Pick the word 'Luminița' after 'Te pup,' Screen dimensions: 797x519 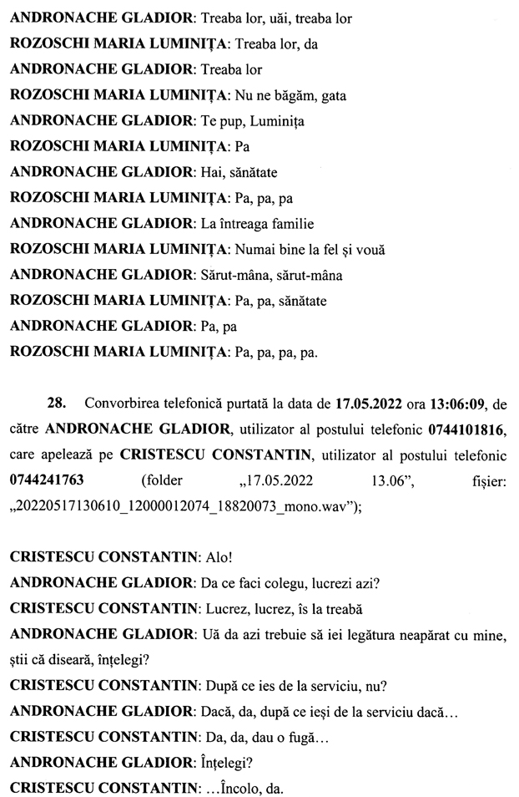point(278,122)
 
